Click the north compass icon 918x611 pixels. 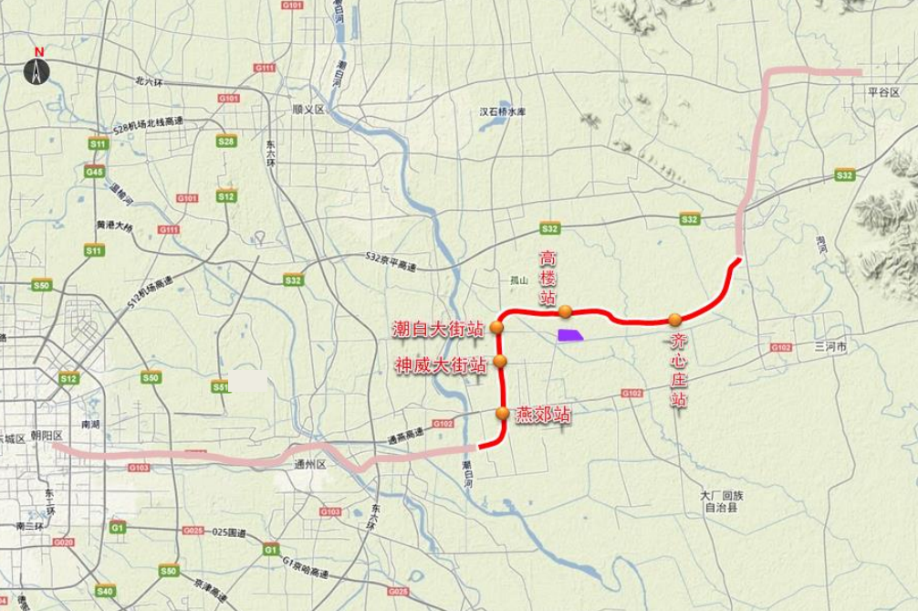[x=37, y=68]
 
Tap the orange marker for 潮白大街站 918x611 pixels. [x=497, y=327]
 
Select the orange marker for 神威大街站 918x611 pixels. [x=500, y=363]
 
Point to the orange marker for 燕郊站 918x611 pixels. [x=503, y=414]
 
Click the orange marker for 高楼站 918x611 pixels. [x=566, y=311]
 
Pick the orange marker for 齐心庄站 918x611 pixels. [x=674, y=319]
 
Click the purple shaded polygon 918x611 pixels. [x=571, y=335]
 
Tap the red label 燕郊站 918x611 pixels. [x=544, y=415]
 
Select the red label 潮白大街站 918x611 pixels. [x=437, y=328]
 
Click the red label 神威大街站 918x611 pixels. [x=440, y=366]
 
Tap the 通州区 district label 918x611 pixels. [x=309, y=464]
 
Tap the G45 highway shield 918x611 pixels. [x=92, y=172]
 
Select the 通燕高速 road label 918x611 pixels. [x=405, y=437]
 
